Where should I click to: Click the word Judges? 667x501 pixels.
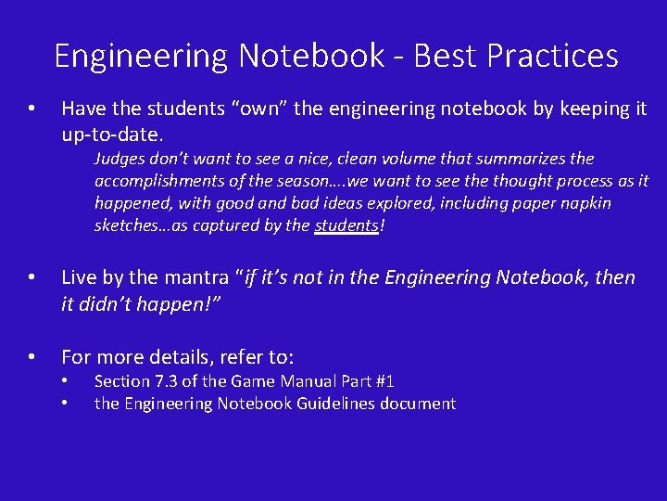pos(121,160)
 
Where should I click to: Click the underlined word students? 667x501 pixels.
pos(346,225)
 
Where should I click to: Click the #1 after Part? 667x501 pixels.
pos(382,381)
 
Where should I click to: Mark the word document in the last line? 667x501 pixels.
pos(422,404)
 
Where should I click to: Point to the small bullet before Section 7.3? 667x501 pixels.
pos(65,382)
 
